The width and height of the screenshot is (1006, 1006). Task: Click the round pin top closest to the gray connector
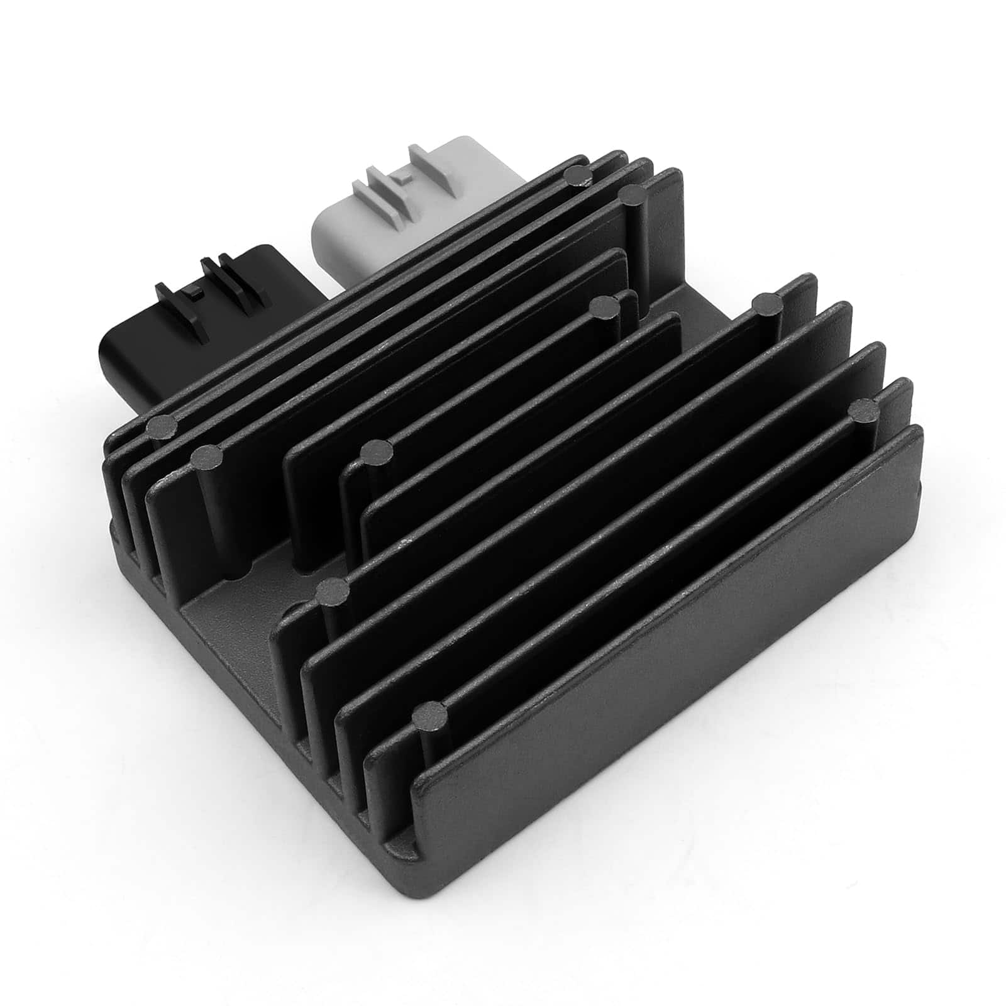pyautogui.click(x=577, y=176)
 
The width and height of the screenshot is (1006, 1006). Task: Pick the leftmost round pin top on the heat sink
pyautogui.click(x=162, y=427)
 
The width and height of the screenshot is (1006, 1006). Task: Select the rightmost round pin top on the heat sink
pyautogui.click(x=865, y=411)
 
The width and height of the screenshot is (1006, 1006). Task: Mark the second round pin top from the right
pyautogui.click(x=768, y=306)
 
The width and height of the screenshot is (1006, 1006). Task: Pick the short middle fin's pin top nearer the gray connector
pyautogui.click(x=605, y=307)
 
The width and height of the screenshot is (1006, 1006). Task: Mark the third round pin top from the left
pyautogui.click(x=333, y=590)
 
